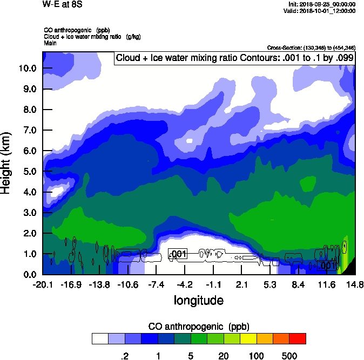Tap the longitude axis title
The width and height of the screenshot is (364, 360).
[198, 300]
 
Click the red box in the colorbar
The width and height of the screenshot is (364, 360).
[298, 339]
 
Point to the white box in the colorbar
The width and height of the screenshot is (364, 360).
[100, 339]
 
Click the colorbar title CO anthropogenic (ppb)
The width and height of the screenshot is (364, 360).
[198, 327]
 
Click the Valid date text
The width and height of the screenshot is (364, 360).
[322, 11]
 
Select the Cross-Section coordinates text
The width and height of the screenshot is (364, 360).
[311, 48]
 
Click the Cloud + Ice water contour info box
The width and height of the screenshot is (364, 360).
[234, 58]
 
